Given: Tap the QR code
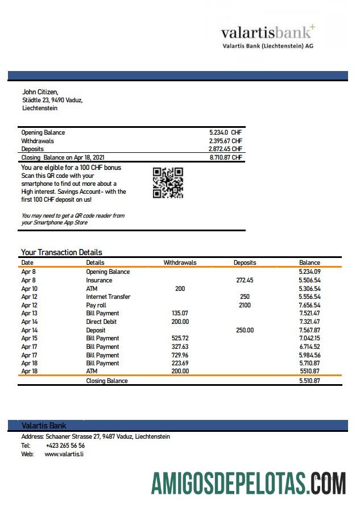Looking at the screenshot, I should click(x=168, y=183).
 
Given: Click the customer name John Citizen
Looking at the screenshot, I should click(x=40, y=91).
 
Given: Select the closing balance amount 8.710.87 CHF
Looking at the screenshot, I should click(x=226, y=157).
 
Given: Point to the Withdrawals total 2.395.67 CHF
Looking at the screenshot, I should click(x=226, y=141).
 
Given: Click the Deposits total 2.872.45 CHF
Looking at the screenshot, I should click(x=226, y=149).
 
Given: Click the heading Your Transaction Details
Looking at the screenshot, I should click(x=61, y=252).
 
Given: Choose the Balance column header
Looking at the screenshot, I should click(x=309, y=263).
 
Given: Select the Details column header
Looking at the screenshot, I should click(x=95, y=263).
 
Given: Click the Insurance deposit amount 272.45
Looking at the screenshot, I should click(x=245, y=280).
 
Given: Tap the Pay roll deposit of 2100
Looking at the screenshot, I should click(x=245, y=305).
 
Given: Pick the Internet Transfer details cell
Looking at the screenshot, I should click(x=108, y=297).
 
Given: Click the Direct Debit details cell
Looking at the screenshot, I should click(x=102, y=322).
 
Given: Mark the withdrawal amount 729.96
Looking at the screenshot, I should click(x=180, y=355).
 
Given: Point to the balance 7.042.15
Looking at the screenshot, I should click(x=309, y=338).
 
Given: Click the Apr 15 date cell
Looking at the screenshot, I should click(x=29, y=338).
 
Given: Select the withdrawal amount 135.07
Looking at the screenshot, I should click(x=180, y=313).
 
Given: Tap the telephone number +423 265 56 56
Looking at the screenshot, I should click(x=65, y=445).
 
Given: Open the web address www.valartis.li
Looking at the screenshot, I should click(x=64, y=454).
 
